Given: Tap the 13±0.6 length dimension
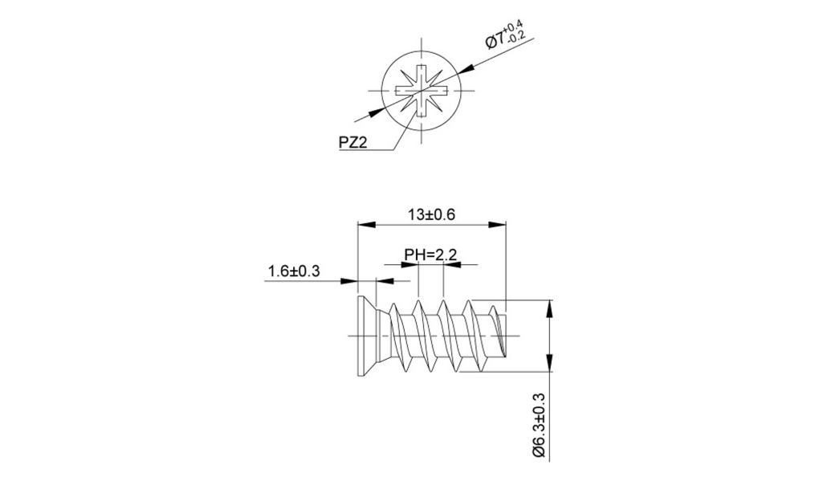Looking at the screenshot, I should (431, 214).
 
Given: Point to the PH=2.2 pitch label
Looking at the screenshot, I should (430, 255).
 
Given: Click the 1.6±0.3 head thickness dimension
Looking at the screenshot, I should (294, 271).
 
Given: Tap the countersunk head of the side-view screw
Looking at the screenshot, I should (365, 336).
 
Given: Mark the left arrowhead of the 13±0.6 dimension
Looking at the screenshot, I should (364, 226).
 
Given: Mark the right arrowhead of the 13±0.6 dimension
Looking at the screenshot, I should (500, 226).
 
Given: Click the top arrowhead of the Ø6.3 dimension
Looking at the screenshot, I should (550, 306).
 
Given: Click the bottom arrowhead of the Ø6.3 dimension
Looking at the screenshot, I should (550, 368).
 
